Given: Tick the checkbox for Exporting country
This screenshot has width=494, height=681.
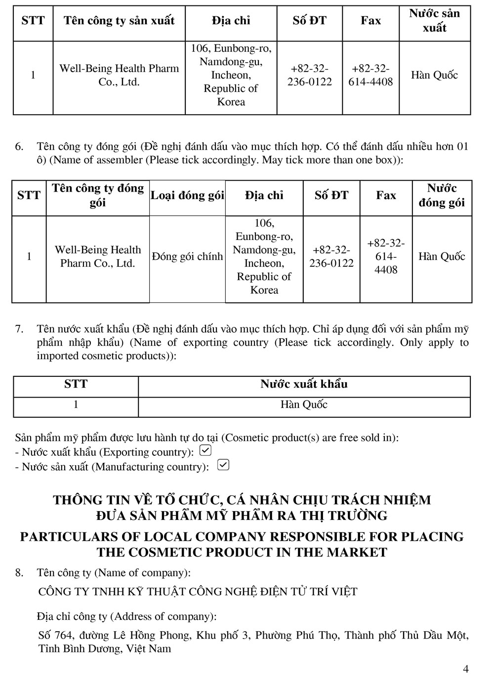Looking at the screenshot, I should click(205, 451).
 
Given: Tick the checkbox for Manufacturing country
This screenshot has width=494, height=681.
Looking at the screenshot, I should click(223, 465).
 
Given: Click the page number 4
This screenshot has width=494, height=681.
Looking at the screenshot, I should click(466, 669).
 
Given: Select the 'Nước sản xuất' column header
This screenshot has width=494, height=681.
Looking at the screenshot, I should click(434, 21).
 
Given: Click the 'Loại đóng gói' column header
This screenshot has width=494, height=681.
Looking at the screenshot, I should click(187, 196).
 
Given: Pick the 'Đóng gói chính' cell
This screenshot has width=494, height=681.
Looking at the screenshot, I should click(187, 257).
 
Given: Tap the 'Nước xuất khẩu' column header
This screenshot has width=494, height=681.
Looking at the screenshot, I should click(304, 384).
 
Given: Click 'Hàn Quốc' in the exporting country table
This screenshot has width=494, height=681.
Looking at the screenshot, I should click(304, 405).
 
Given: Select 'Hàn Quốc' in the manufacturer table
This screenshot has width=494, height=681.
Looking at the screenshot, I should click(434, 76).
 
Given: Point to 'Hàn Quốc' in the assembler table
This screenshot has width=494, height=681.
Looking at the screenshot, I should click(442, 257).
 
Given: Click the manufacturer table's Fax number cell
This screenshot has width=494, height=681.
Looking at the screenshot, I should click(370, 76).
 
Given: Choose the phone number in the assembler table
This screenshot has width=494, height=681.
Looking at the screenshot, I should click(331, 257).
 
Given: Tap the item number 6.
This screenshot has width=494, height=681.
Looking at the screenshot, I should click(19, 147).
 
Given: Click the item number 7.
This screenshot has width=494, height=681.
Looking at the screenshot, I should click(19, 329).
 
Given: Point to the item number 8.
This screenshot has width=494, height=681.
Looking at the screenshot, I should click(19, 573).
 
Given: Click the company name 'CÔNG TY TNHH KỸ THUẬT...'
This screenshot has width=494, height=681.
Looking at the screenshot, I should click(198, 592).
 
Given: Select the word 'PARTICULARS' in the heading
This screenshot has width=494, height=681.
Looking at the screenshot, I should click(69, 537).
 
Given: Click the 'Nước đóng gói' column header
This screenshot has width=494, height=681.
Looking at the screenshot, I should click(442, 196).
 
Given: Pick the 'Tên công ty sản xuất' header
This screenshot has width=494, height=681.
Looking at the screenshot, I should click(119, 21).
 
